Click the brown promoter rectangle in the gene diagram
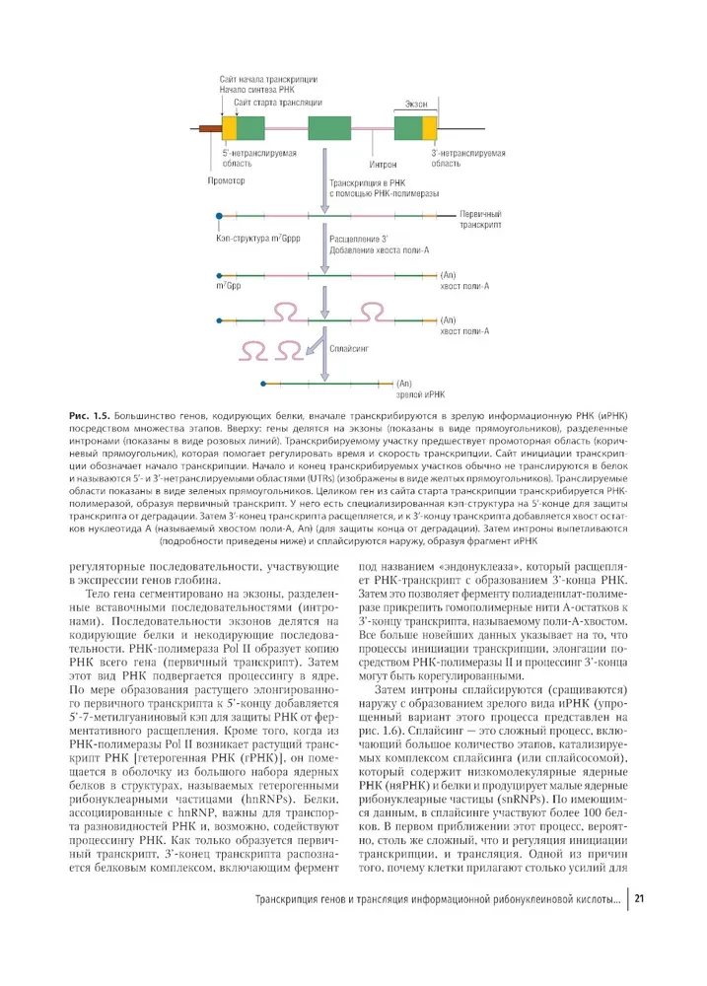[210, 128]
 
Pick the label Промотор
[227, 181]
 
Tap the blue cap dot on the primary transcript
[218, 214]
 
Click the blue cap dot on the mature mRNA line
[262, 383]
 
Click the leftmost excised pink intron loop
[253, 349]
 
